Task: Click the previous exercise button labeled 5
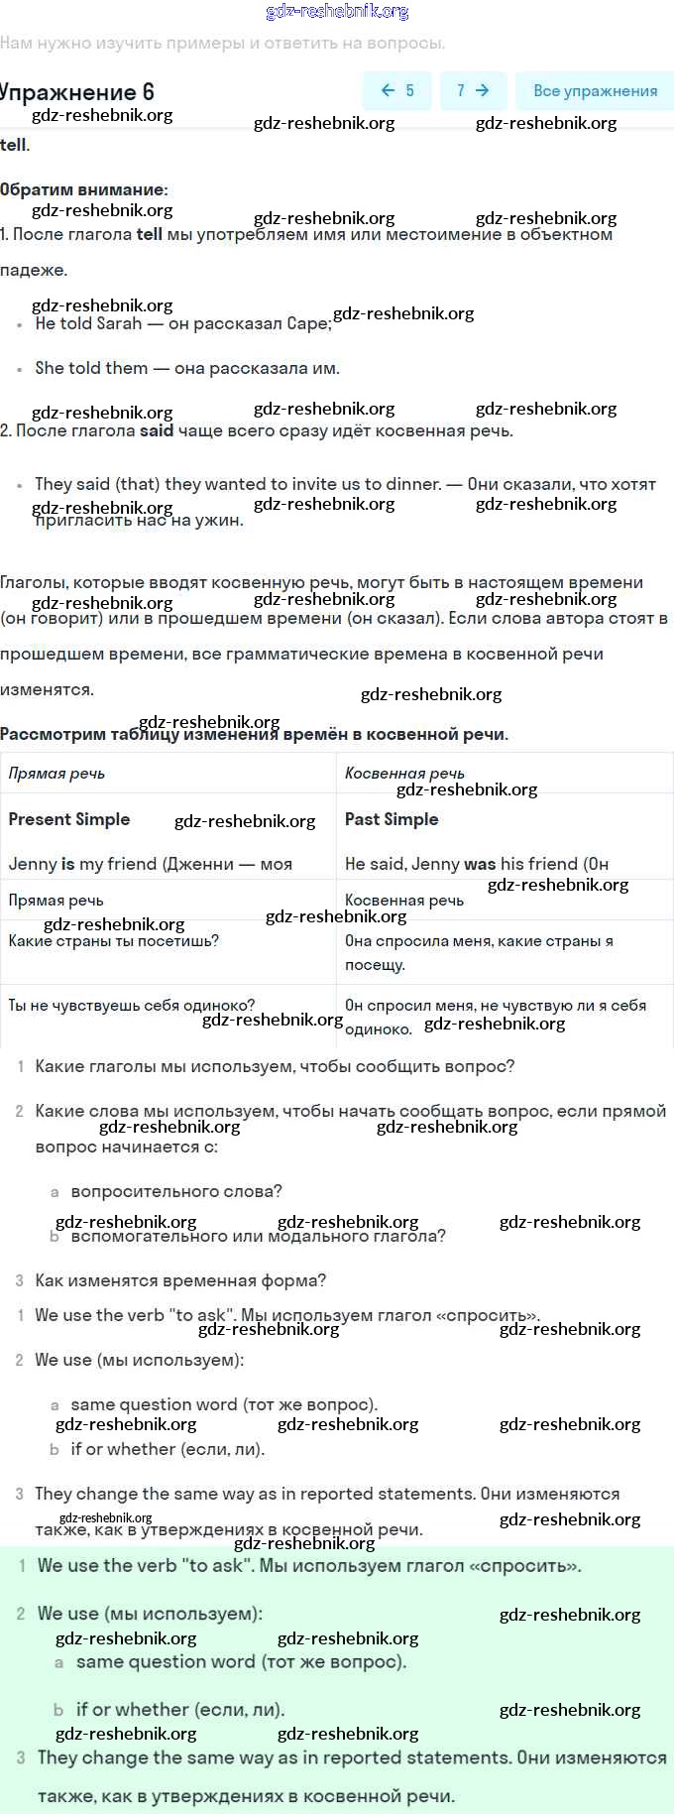pos(397,91)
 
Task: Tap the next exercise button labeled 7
pos(473,91)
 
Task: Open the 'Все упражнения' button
pos(595,91)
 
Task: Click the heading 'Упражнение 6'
pos(77,92)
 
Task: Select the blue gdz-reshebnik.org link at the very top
pos(337,11)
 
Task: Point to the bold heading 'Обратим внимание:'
pos(84,189)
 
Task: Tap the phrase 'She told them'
pos(91,368)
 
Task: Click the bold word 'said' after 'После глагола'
pos(157,430)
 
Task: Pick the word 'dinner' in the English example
pos(411,484)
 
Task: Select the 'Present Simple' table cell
pos(69,819)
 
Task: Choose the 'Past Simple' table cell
pos(392,819)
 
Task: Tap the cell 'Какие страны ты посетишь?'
pos(114,940)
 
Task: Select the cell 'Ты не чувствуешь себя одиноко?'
pos(132,1005)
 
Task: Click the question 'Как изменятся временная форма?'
pos(180,1280)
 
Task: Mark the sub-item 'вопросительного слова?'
pos(176,1191)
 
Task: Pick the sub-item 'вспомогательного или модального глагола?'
pos(258,1236)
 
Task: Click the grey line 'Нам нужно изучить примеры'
pos(223,44)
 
